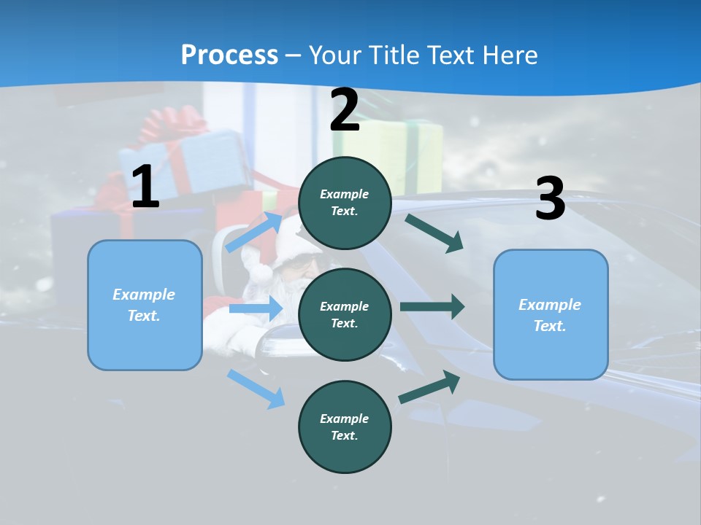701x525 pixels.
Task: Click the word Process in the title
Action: tap(229, 55)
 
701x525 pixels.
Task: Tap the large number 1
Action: tap(145, 187)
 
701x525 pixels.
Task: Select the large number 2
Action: tap(345, 110)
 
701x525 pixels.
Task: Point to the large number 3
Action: tap(550, 198)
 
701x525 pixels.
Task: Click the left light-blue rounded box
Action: tap(145, 305)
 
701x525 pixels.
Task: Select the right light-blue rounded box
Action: tap(551, 314)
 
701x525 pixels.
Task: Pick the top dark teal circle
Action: tap(345, 203)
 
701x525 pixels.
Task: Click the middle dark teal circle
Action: tap(345, 314)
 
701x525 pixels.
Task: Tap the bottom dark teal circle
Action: tap(345, 427)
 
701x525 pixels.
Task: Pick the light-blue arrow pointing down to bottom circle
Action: tap(256, 389)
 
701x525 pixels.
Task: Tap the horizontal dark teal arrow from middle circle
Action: tap(432, 307)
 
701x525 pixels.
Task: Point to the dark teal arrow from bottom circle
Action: tap(429, 386)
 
